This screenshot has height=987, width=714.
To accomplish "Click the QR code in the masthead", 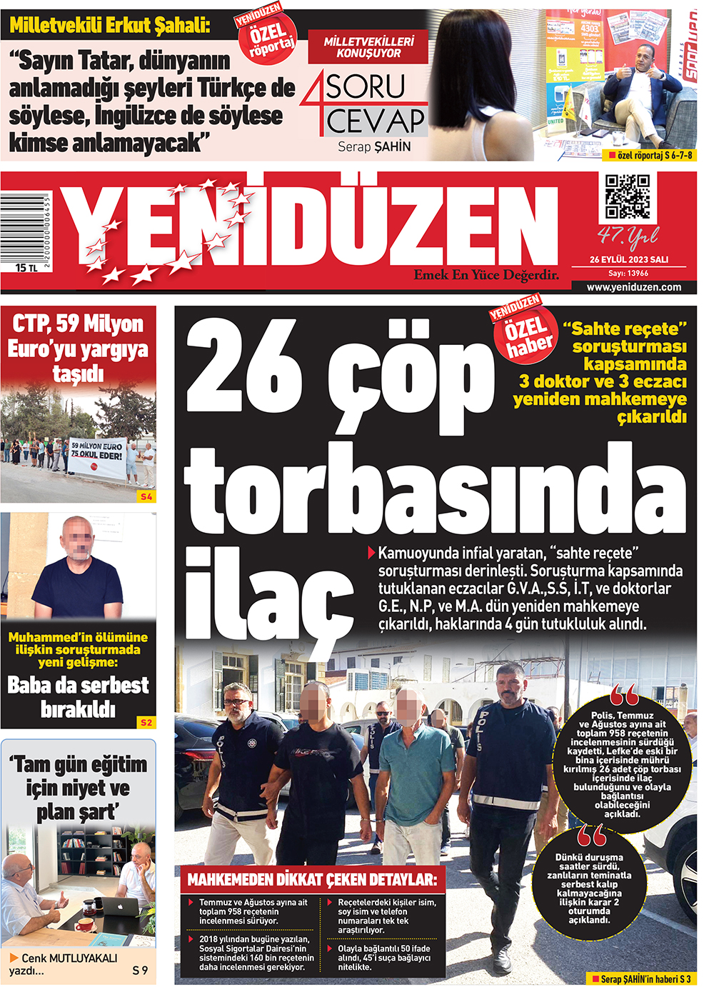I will tap(628, 196).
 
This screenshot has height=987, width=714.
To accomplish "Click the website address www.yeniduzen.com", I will tap(633, 287).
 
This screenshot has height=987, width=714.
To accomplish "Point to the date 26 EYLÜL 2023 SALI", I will tap(629, 260).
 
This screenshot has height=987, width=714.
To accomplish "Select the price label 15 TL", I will tap(26, 268).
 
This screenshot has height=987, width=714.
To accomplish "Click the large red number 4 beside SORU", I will tap(313, 104).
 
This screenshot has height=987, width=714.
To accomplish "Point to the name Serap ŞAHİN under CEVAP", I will tap(374, 146).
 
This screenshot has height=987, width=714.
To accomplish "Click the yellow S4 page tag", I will tap(146, 496).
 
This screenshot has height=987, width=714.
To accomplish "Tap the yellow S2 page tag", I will tap(146, 723).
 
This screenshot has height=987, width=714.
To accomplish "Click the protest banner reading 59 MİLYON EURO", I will tap(96, 456).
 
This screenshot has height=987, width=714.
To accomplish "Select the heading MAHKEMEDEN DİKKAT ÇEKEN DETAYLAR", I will tap(312, 880).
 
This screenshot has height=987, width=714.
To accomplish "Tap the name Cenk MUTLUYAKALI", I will tap(69, 958).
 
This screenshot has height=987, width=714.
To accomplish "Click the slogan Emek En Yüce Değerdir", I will tap(486, 275).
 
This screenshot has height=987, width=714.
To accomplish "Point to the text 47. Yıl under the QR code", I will tap(628, 235).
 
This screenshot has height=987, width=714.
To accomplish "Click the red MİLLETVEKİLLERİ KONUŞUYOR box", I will tap(368, 47).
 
